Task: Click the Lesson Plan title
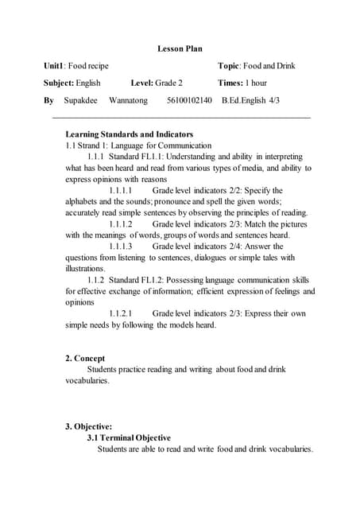click(180, 49)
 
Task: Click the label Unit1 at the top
click(54, 65)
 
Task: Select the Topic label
click(230, 65)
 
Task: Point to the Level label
click(145, 83)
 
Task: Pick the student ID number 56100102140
click(190, 101)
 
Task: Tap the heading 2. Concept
click(85, 359)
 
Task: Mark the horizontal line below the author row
click(180, 118)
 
